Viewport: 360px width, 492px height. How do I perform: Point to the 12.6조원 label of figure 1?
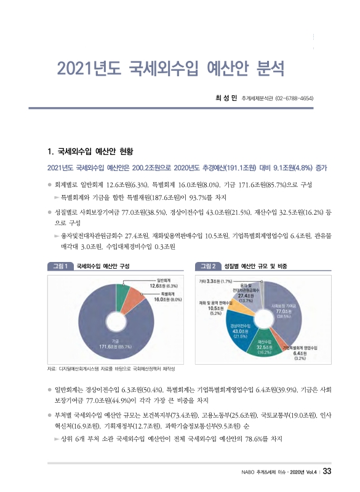click(x=162, y=286)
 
